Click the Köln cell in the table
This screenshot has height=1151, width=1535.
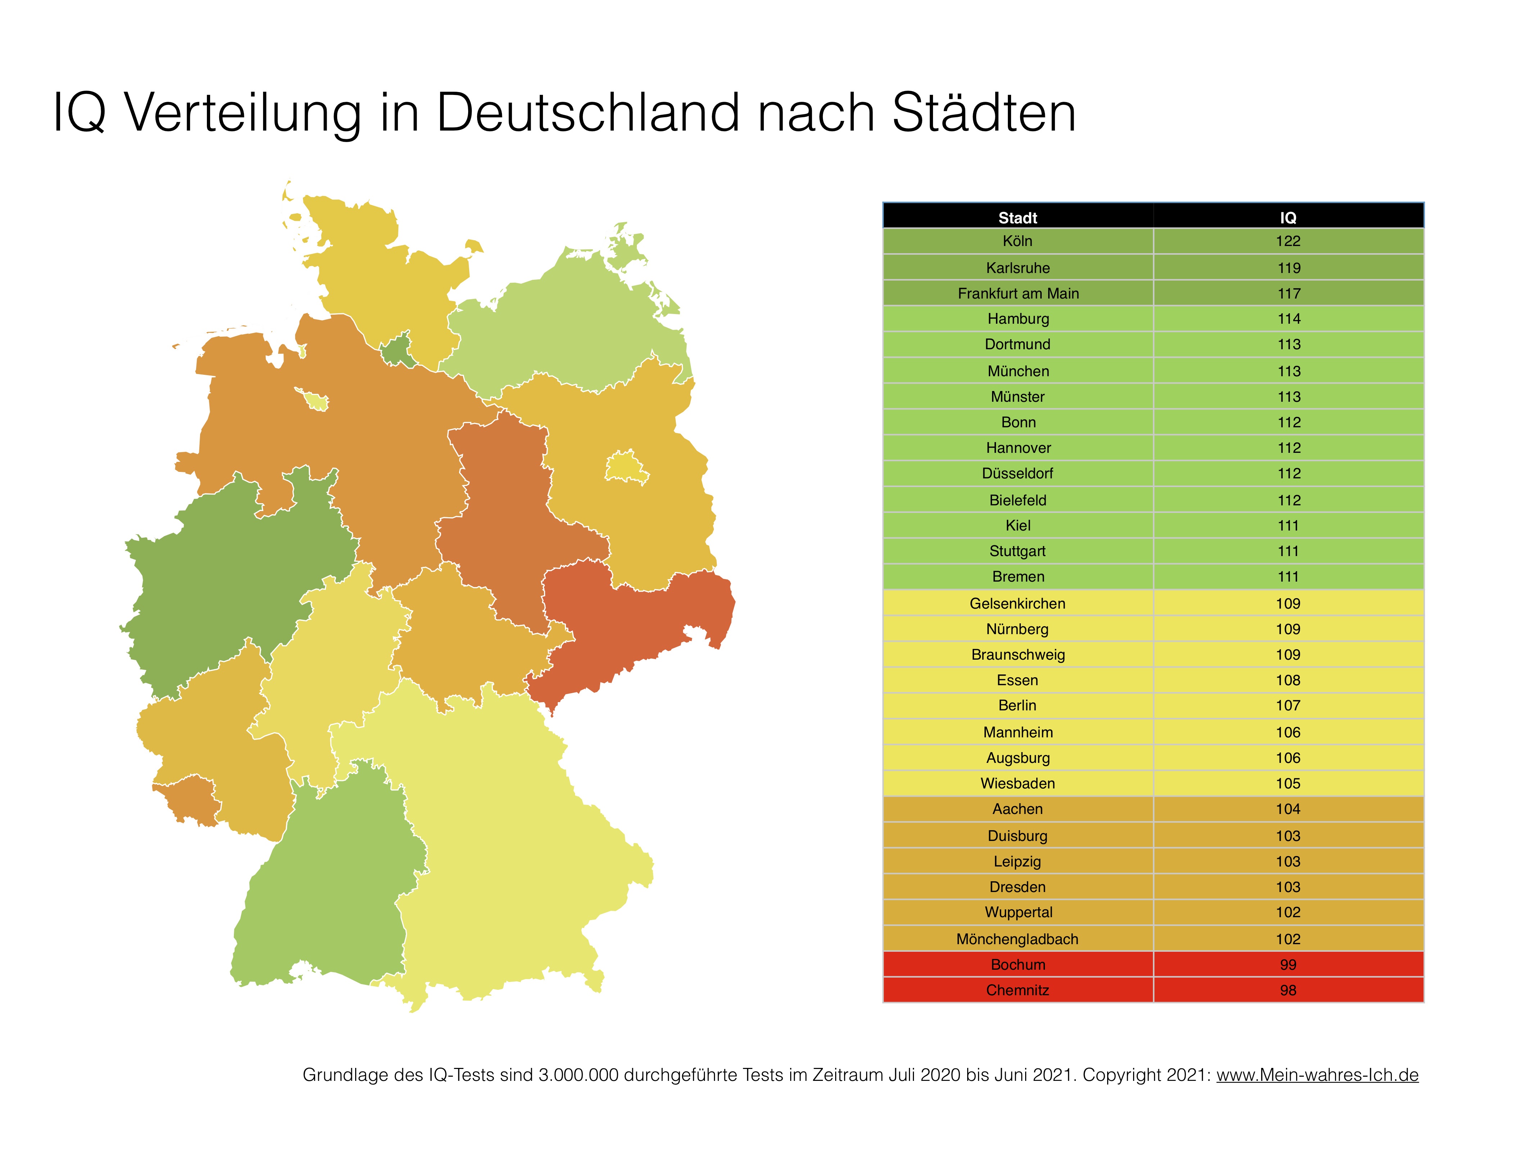(x=1017, y=241)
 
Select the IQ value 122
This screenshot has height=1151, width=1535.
(x=1288, y=241)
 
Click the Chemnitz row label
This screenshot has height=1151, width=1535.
(x=1017, y=990)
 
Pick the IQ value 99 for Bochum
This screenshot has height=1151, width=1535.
(x=1288, y=964)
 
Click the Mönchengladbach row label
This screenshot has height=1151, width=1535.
(x=1017, y=939)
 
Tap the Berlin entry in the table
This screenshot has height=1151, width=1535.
(x=1017, y=706)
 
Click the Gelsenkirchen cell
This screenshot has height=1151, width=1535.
(x=1017, y=604)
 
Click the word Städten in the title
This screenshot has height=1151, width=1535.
(x=983, y=112)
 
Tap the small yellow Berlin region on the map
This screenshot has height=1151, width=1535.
(x=626, y=467)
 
